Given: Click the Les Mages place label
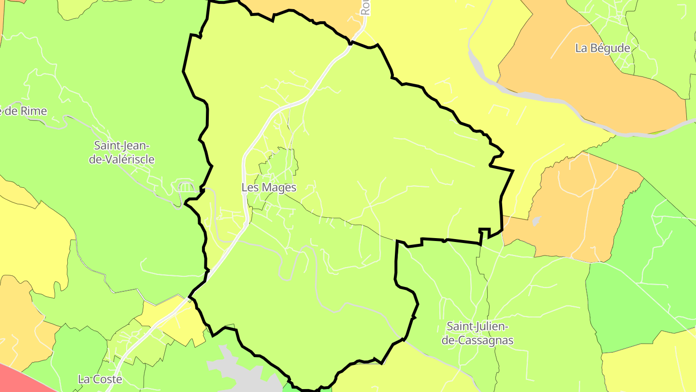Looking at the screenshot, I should (x=269, y=187).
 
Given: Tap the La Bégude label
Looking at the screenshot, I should (x=603, y=48).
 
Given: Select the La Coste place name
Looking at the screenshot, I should (x=100, y=379).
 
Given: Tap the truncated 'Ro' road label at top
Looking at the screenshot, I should (x=365, y=7).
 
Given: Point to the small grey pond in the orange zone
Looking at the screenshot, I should (x=536, y=222).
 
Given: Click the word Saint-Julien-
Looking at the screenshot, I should (x=477, y=326).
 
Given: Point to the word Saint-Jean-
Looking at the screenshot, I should (x=122, y=145).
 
